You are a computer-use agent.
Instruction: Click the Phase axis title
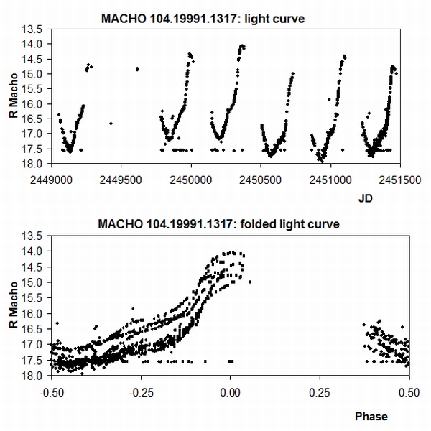coord(371,416)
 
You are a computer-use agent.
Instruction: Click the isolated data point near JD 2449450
coord(111,124)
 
